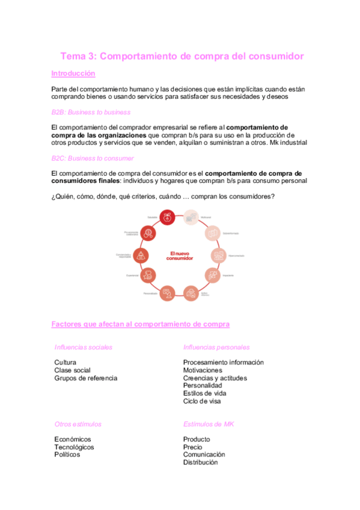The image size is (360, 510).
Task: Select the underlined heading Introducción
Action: (73, 73)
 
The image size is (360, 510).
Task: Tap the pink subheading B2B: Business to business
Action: (91, 112)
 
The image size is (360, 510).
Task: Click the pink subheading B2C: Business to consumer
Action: (93, 158)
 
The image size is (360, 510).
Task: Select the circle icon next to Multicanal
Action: (191, 218)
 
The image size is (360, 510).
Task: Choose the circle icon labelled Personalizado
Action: (168, 293)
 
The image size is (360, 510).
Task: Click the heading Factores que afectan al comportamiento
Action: (141, 324)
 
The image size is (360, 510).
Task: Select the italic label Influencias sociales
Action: (83, 348)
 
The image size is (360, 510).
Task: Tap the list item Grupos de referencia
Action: (85, 378)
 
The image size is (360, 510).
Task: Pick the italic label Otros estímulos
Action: (78, 424)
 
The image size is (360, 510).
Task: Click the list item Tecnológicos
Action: (74, 447)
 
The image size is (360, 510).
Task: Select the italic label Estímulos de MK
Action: (209, 424)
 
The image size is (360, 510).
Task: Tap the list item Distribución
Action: (200, 462)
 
